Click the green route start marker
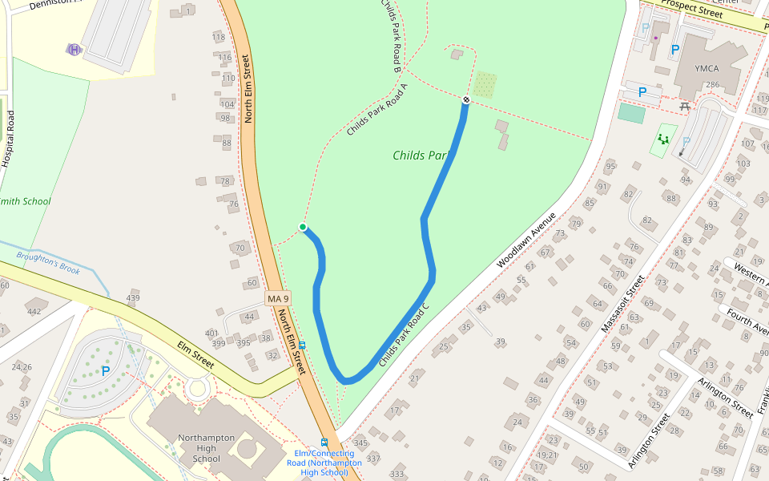(x=303, y=227)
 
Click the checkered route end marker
(x=465, y=99)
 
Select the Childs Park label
(x=419, y=155)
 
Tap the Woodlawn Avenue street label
(x=525, y=240)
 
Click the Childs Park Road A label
(x=377, y=109)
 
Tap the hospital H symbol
(x=74, y=50)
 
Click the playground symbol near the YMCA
(x=663, y=139)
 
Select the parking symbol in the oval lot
(x=106, y=371)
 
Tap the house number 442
(x=34, y=312)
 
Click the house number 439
(x=133, y=298)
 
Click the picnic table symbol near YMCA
(x=684, y=106)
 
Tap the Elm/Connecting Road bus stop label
(x=324, y=463)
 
